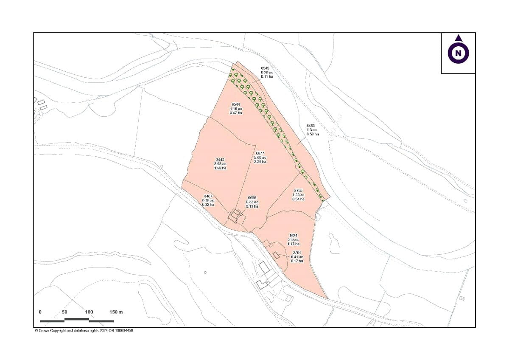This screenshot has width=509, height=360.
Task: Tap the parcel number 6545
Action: [x=266, y=68]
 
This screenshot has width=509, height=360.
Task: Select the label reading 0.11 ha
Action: [x=267, y=76]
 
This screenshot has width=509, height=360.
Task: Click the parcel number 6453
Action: [x=311, y=126]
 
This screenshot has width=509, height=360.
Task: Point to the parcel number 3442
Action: [x=221, y=160]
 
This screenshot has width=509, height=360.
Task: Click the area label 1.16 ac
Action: [x=236, y=109]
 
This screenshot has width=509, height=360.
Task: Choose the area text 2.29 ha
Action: [x=260, y=162]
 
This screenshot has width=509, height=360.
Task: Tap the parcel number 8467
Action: [x=208, y=196]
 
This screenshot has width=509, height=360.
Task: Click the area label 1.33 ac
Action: [x=299, y=195]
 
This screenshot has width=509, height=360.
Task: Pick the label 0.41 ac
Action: [x=297, y=257]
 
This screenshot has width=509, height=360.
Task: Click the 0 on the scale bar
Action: [x=40, y=312]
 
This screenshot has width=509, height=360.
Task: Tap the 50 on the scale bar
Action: [x=64, y=312]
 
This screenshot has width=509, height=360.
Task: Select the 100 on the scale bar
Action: [x=89, y=312]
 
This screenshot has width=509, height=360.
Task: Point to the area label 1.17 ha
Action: [x=294, y=244]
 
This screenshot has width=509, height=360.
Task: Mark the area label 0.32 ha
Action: [x=208, y=205]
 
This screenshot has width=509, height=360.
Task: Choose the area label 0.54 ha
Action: [x=299, y=199]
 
